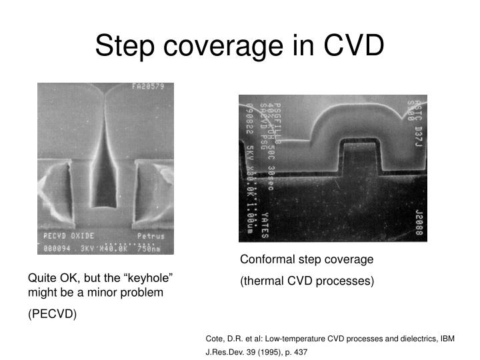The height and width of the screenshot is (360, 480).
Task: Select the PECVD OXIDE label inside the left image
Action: pos(69,235)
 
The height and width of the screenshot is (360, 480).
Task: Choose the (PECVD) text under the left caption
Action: pos(52,314)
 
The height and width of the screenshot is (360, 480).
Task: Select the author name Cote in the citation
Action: pos(216,339)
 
